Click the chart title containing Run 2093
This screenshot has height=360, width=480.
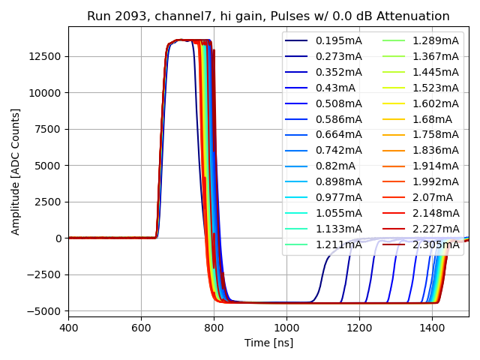pos(268,16)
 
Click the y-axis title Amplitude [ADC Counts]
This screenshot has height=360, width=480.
pos(16,171)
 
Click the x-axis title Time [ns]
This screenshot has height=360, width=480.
pos(268,343)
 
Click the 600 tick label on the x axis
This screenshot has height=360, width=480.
pos(141,328)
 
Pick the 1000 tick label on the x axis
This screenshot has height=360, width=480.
pos(286,328)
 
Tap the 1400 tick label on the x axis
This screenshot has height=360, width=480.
pos(431,328)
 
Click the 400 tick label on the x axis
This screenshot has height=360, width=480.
pos(68,328)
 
